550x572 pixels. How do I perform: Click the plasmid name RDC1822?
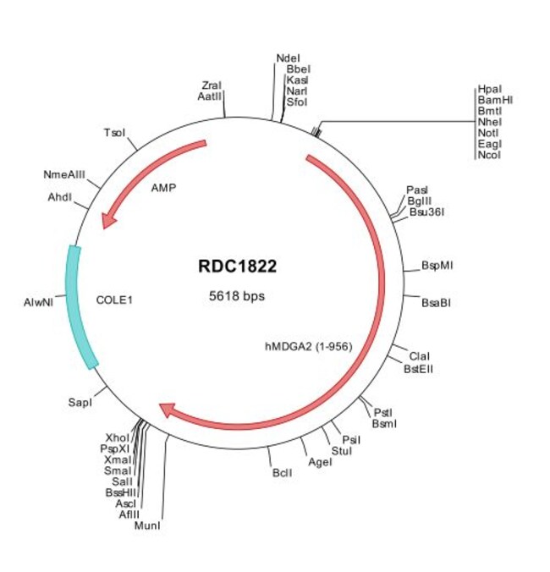coord(237,266)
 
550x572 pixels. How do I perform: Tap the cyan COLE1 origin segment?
coord(82,306)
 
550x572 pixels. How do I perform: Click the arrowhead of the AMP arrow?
coord(107,220)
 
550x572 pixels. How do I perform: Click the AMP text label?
coord(162,188)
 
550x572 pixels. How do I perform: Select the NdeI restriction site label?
coord(288,58)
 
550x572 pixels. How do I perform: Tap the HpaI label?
coord(489,88)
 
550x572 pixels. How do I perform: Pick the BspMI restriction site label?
coord(437,265)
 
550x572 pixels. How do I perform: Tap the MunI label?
coord(147,525)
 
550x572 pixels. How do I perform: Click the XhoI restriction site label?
coord(118,437)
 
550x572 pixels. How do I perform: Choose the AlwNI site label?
coord(39,300)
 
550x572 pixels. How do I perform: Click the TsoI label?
coord(114,133)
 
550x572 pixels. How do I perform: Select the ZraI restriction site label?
coord(212,85)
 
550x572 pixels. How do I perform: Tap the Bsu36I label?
coord(426,212)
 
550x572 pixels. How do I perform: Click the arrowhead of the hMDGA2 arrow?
coord(168,410)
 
